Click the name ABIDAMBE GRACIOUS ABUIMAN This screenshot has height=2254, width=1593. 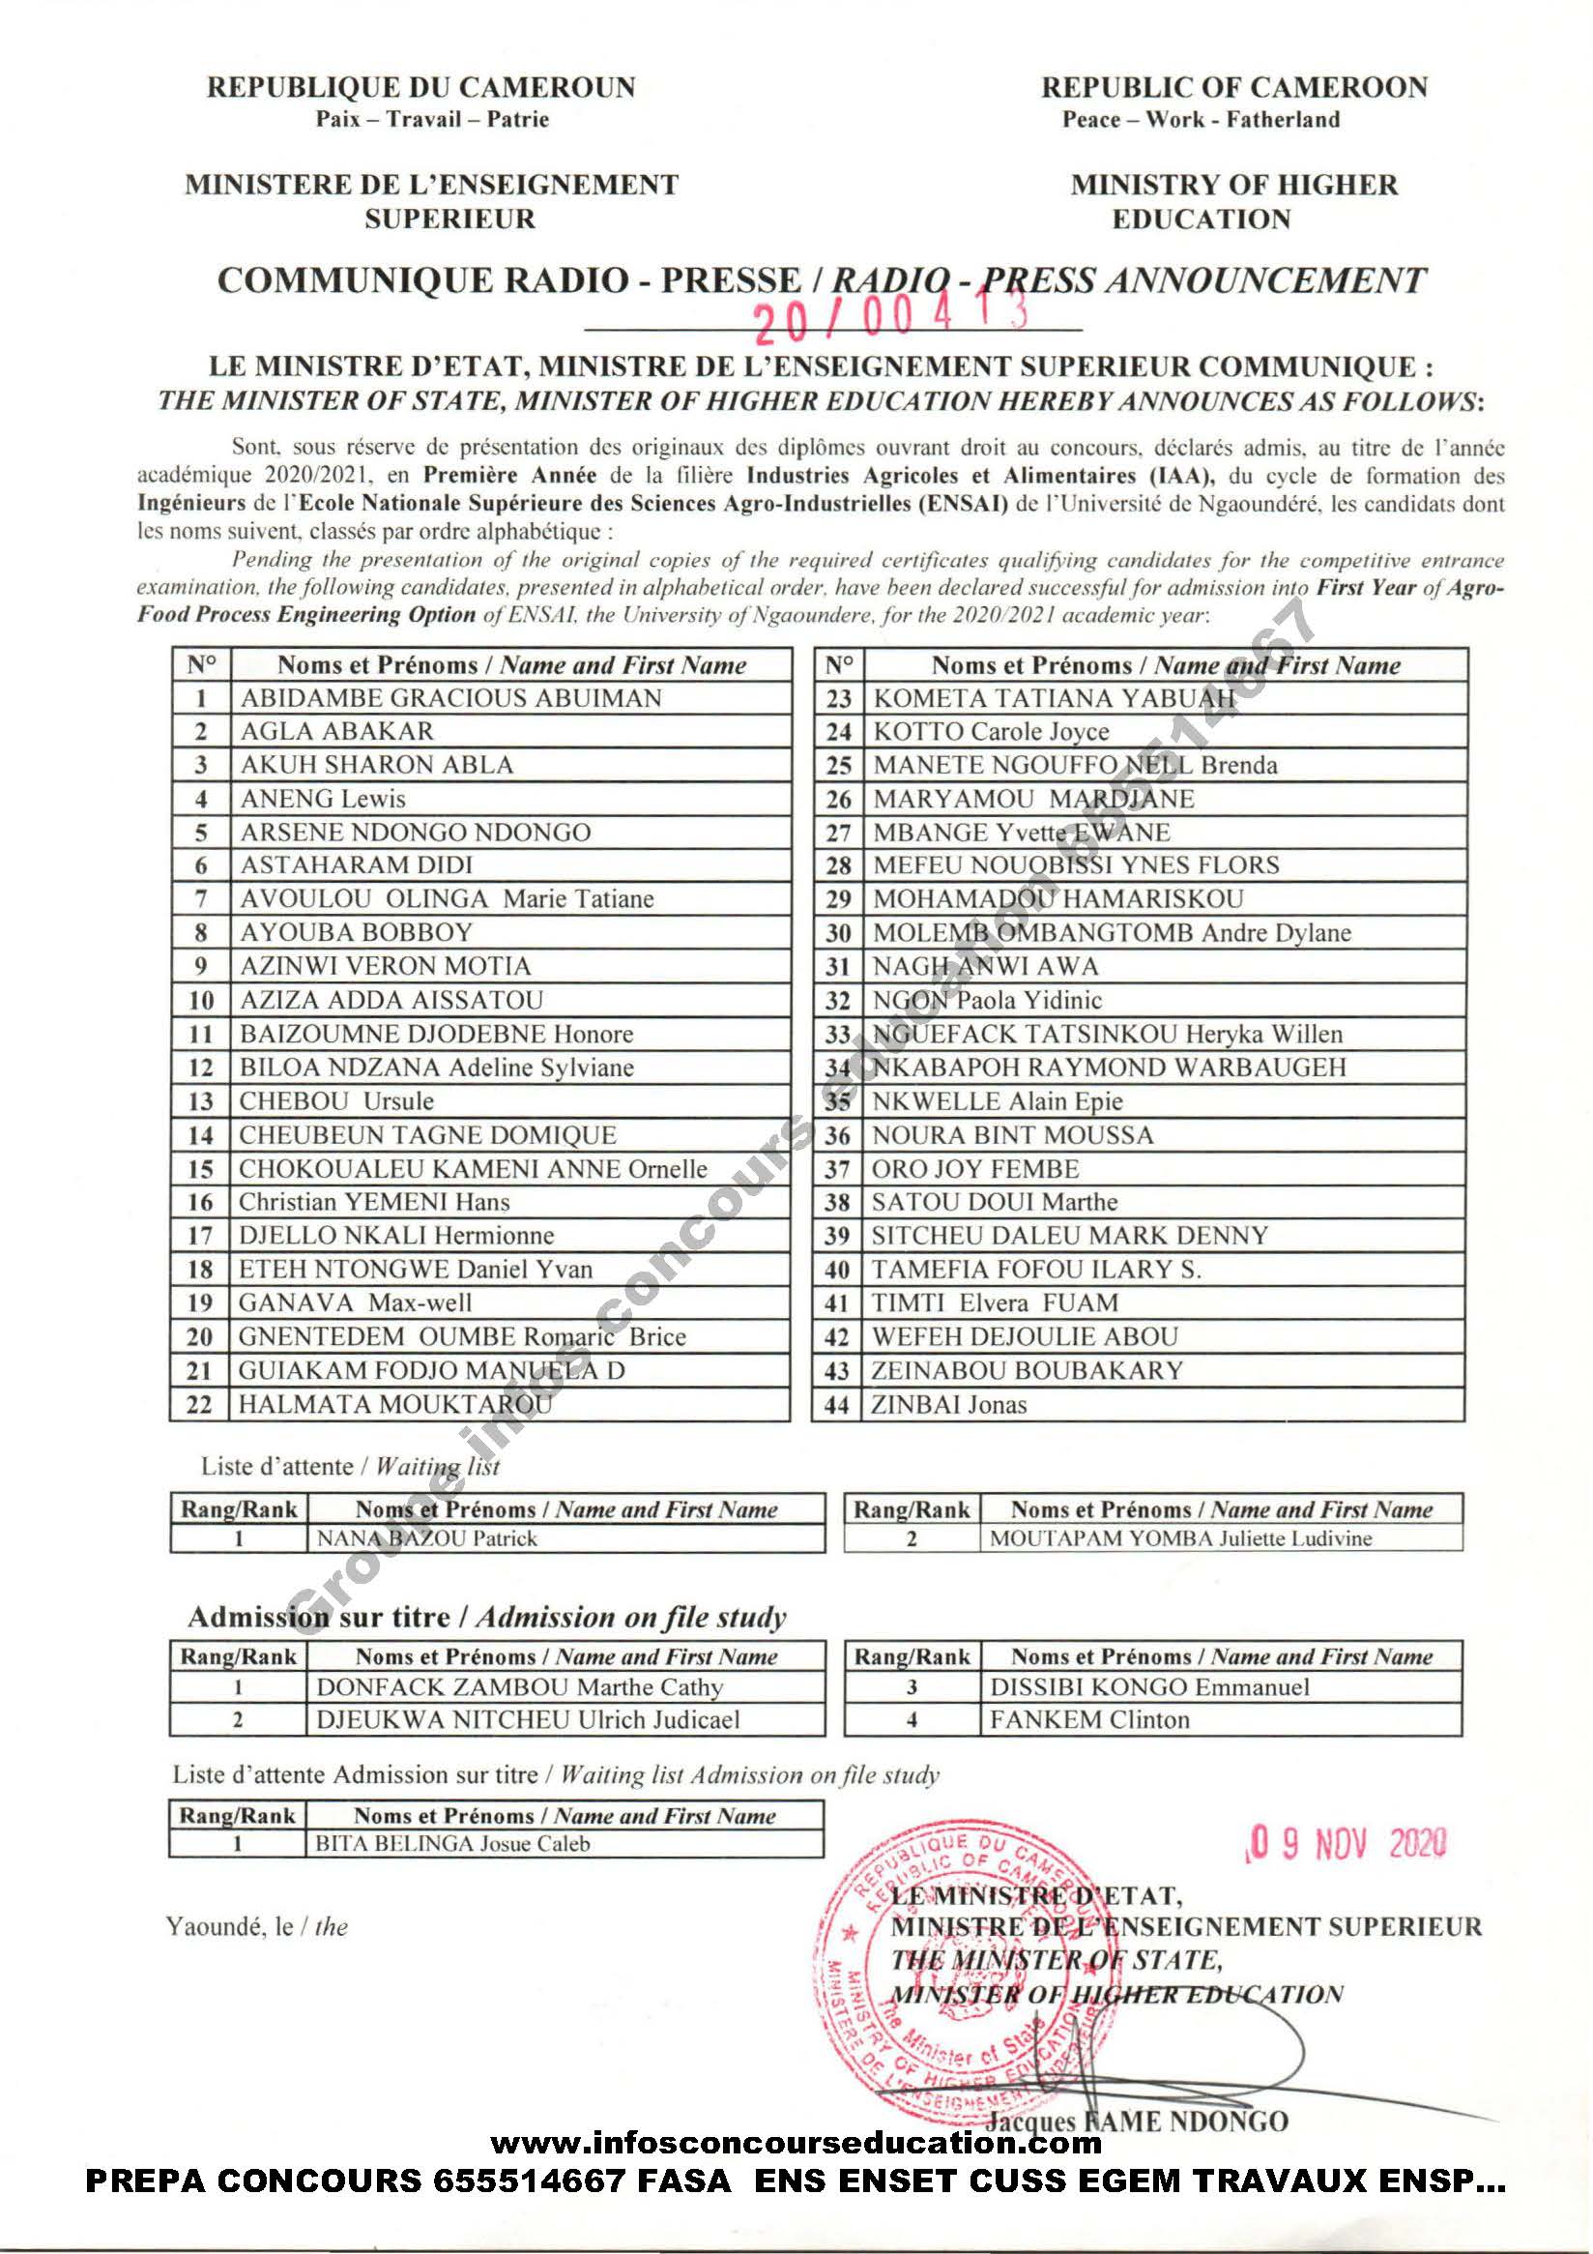[450, 698]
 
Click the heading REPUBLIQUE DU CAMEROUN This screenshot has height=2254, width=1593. [420, 88]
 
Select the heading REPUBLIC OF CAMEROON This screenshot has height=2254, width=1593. [1233, 88]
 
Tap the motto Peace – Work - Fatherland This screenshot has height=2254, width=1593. [1201, 121]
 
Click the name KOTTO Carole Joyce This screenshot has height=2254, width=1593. [991, 732]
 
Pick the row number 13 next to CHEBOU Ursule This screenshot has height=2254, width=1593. [200, 1101]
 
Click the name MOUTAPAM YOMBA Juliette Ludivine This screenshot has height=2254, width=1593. [1180, 1538]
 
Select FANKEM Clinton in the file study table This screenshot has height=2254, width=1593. [1089, 1720]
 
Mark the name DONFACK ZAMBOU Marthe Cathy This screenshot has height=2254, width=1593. [519, 1687]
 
